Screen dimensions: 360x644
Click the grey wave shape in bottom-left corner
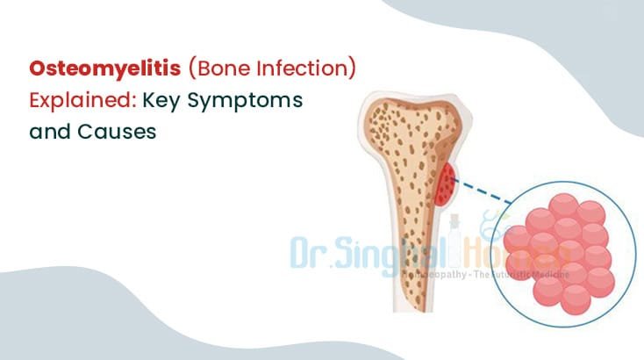point(61,316)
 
